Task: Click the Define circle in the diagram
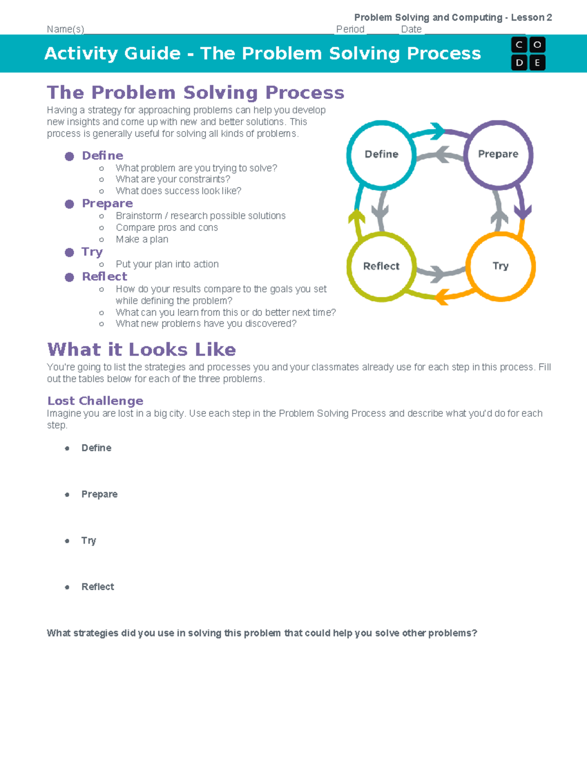point(382,154)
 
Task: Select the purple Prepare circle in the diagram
point(498,154)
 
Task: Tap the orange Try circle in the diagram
point(500,266)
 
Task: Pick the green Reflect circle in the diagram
point(382,266)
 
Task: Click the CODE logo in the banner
point(528,53)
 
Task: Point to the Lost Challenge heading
point(95,401)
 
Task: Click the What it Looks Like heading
point(141,349)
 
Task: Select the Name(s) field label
point(66,29)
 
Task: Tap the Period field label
point(350,29)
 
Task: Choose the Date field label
point(411,29)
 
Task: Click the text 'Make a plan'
point(142,239)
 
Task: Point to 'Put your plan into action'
point(167,264)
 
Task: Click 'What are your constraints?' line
point(173,179)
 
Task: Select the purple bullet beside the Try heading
point(69,252)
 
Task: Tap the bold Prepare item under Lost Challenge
point(99,494)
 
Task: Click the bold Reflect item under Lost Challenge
point(98,587)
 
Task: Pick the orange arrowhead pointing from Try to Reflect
point(442,297)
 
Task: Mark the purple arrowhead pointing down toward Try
point(523,212)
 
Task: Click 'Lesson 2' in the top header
point(531,18)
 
